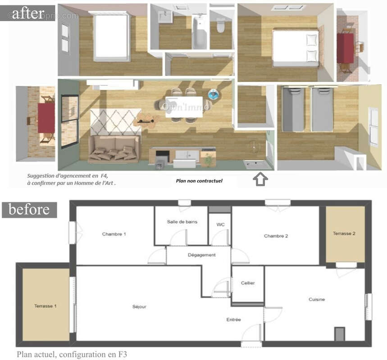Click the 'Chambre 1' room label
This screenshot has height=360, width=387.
point(114,234)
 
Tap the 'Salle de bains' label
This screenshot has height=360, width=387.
point(182,221)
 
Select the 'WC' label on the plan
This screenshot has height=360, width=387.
point(220,224)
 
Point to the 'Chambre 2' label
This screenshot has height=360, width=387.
point(276,236)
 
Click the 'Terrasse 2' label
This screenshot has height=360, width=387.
point(345,233)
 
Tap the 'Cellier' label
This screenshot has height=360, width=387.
point(248,283)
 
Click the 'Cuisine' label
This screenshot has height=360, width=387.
point(316,299)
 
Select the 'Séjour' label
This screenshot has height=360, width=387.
point(139,306)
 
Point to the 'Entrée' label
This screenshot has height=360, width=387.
point(233,319)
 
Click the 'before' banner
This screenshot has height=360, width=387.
point(29,210)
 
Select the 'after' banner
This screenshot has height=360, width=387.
point(28,13)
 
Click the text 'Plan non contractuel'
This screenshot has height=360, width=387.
point(199,181)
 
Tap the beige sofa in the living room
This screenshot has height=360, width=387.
point(113,148)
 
